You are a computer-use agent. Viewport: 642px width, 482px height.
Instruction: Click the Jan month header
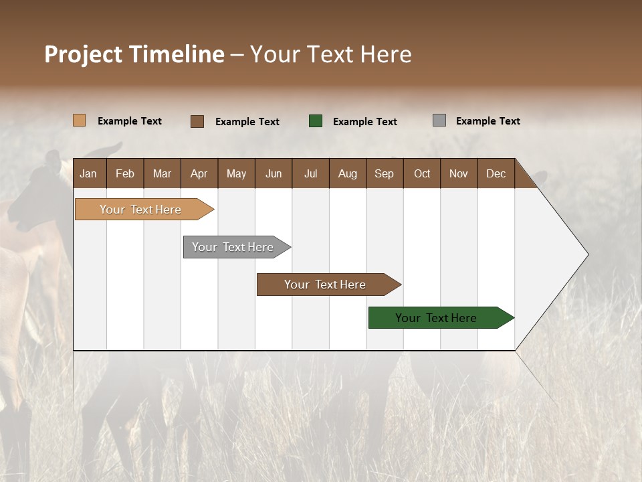coord(88,173)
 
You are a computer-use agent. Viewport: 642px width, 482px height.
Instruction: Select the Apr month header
coord(199,173)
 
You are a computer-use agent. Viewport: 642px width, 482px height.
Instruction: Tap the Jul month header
coord(310,173)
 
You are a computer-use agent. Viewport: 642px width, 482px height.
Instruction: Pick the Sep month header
coord(384,173)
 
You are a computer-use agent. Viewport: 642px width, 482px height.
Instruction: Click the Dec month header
coord(496,173)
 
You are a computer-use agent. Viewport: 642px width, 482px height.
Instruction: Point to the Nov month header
coord(458,173)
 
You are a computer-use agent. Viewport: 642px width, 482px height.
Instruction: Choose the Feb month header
coord(125,173)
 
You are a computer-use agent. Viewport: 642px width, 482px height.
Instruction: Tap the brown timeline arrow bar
coord(326,285)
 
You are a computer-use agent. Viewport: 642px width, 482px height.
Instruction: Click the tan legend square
coord(79,120)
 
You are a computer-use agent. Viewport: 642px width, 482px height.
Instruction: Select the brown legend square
coord(197,121)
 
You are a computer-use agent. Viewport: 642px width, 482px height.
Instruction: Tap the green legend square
coord(316,121)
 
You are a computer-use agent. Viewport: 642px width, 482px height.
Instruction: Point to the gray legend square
coord(439,120)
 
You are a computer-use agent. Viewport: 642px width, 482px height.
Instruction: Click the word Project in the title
coord(83,54)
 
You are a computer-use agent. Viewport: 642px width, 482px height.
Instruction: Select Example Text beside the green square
coord(364,122)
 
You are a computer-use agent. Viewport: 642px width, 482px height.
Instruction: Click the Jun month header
coord(273,173)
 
